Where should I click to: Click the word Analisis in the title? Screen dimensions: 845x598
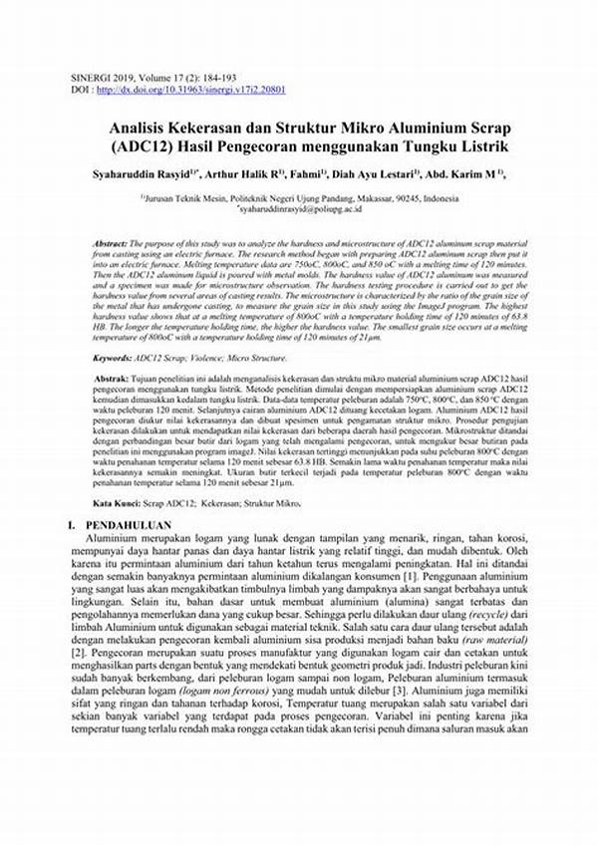coord(147,131)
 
